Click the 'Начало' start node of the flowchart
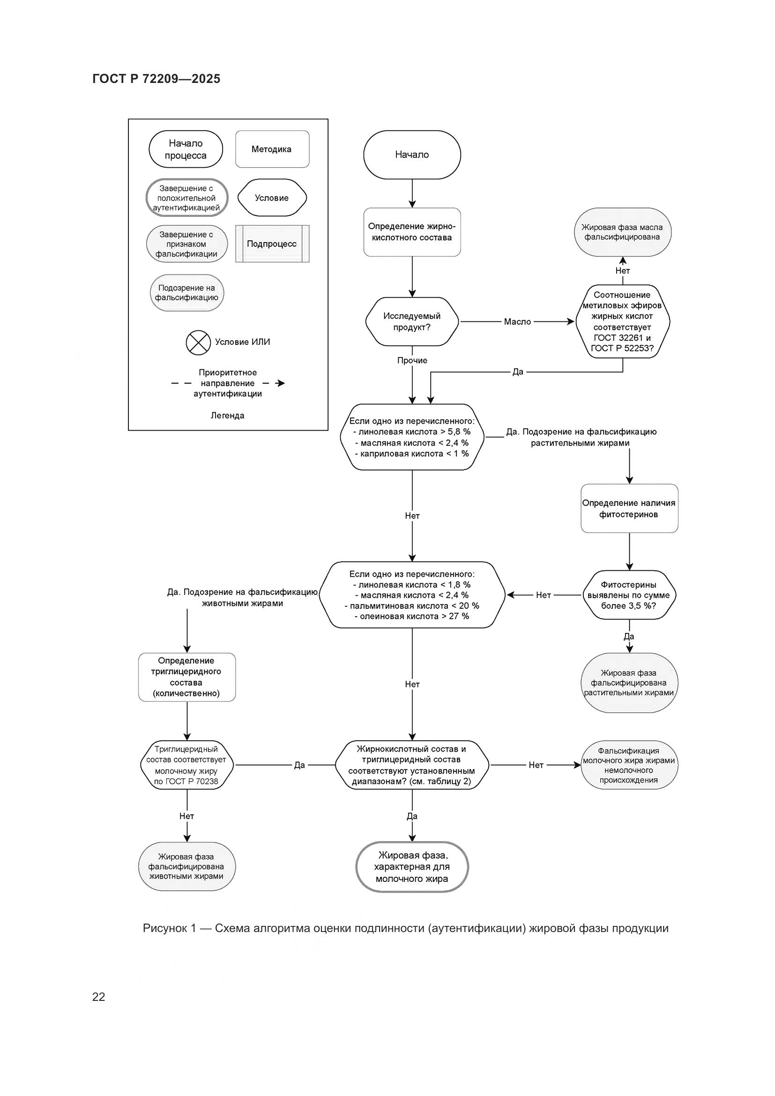click(x=412, y=155)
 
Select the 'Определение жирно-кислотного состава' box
click(x=412, y=232)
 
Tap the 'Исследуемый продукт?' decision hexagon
click(x=412, y=321)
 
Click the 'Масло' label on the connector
click(x=517, y=322)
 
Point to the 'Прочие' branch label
click(x=412, y=360)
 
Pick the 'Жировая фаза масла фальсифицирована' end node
click(x=622, y=232)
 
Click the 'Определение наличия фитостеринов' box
click(x=629, y=508)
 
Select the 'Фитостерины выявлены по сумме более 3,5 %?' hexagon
click(x=629, y=595)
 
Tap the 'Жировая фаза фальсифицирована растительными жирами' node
click(x=629, y=683)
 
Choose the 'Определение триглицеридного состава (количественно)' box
click(x=186, y=677)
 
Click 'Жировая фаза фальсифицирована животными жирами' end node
click(x=186, y=866)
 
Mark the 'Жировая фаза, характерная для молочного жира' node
click(x=412, y=867)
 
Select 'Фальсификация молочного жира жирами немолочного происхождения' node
click(x=629, y=765)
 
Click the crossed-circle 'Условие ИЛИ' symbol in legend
click(x=198, y=342)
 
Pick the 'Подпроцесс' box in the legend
click(x=272, y=244)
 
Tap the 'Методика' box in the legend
click(x=272, y=149)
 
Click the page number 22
click(x=99, y=997)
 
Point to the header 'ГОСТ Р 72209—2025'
click(x=156, y=79)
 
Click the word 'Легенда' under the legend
click(x=228, y=416)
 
